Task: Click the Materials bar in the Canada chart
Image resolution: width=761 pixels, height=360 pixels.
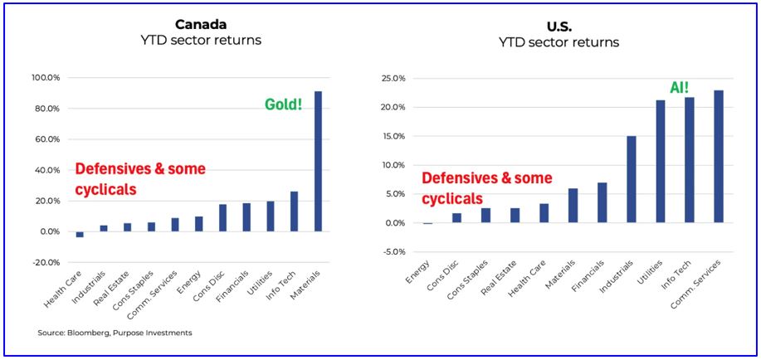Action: point(319,162)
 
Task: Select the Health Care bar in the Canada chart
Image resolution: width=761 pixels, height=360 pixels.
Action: point(80,235)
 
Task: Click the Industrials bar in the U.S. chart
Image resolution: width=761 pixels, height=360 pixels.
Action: point(632,179)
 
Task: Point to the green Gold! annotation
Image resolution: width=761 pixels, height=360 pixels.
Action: point(283,105)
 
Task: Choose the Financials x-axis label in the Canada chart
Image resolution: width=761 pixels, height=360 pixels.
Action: point(236,286)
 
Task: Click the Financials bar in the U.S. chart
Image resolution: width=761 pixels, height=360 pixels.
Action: point(602,203)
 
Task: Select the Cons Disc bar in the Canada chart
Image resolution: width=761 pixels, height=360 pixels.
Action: point(222,218)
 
